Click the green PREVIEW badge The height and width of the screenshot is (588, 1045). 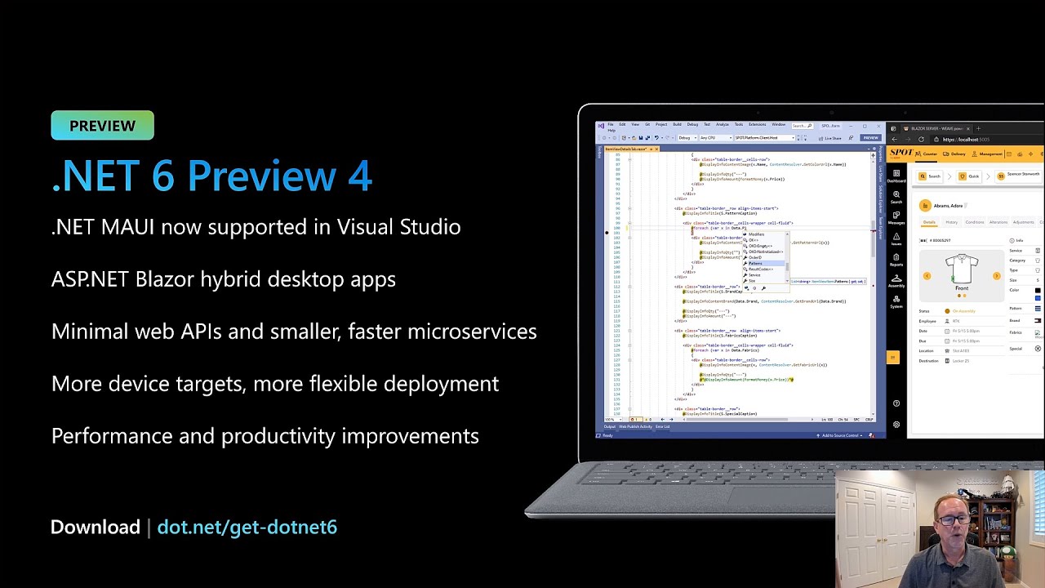click(x=102, y=126)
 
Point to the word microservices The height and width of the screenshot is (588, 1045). click(x=472, y=332)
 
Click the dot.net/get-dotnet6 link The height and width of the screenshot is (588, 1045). click(x=247, y=528)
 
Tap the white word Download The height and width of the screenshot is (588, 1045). click(x=96, y=528)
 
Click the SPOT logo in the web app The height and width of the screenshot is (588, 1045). click(x=901, y=153)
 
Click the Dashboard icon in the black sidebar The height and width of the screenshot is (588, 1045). click(x=896, y=175)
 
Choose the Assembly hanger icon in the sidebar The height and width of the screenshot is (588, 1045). click(x=896, y=280)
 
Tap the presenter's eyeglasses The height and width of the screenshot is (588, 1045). click(x=954, y=519)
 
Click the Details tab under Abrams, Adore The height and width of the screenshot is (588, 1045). click(x=929, y=222)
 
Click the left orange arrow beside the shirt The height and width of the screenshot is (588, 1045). click(x=927, y=276)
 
